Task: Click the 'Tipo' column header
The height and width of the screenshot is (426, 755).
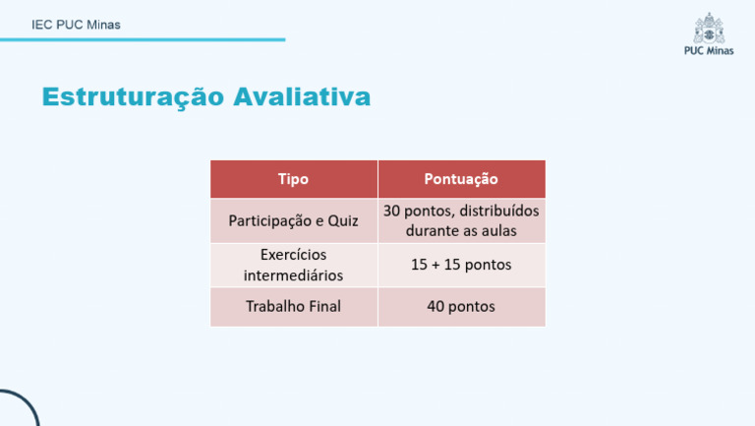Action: pyautogui.click(x=293, y=179)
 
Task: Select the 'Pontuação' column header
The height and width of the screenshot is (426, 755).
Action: pyautogui.click(x=461, y=179)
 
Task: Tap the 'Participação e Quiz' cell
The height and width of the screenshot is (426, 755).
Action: pyautogui.click(x=293, y=220)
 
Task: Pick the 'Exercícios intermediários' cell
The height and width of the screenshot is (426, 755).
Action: pyautogui.click(x=293, y=265)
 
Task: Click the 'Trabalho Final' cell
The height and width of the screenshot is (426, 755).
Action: pyautogui.click(x=293, y=306)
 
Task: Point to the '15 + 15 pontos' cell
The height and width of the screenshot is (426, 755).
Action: pyautogui.click(x=461, y=265)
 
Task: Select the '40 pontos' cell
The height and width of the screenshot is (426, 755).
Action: pyautogui.click(x=461, y=306)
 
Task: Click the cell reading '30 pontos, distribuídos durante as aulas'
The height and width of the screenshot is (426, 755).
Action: pyautogui.click(x=461, y=220)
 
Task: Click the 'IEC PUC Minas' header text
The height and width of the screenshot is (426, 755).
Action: pyautogui.click(x=76, y=25)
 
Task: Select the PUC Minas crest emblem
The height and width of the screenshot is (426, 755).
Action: pyautogui.click(x=707, y=28)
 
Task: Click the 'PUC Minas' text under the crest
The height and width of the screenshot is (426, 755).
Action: pyautogui.click(x=708, y=51)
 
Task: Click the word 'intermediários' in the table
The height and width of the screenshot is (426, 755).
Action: pyautogui.click(x=293, y=275)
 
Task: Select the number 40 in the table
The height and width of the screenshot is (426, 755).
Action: pyautogui.click(x=436, y=306)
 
